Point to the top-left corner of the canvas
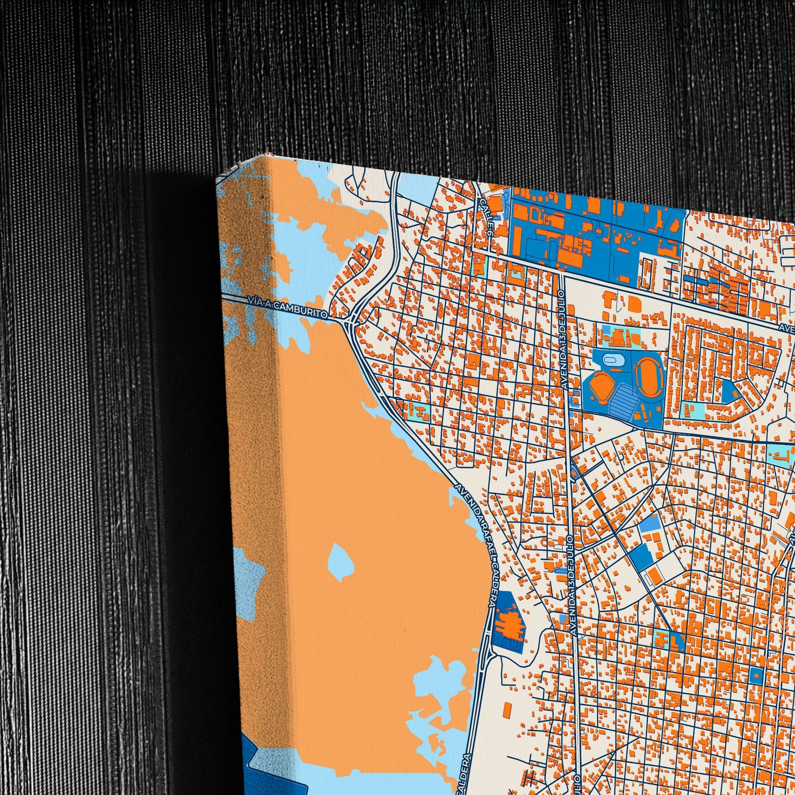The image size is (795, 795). click(x=217, y=183)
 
